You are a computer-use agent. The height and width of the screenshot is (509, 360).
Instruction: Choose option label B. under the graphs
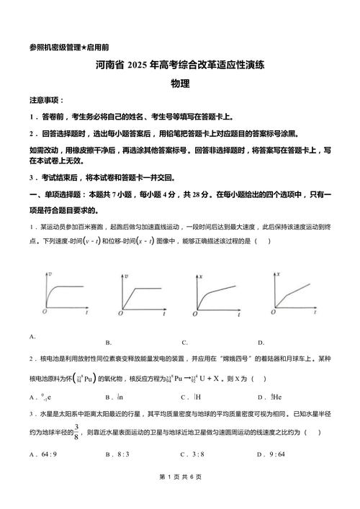pos(108,342)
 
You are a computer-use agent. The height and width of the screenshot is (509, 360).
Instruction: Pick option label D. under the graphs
pos(261,342)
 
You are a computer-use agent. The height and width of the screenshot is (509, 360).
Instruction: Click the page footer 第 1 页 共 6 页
pos(180,497)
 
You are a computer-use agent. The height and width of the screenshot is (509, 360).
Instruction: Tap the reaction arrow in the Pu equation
pos(184,378)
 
